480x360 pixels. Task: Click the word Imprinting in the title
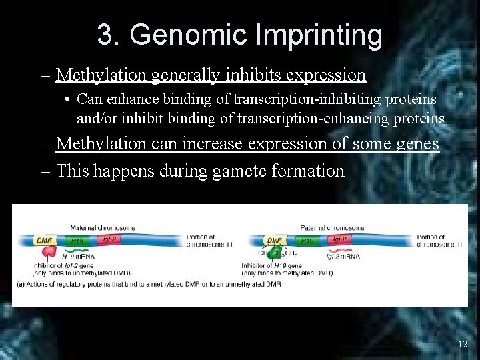pyautogui.click(x=317, y=35)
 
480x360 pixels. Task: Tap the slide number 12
pyautogui.click(x=462, y=344)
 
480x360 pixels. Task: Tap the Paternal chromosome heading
pyautogui.click(x=332, y=228)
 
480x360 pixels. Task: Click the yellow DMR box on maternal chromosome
pyautogui.click(x=45, y=240)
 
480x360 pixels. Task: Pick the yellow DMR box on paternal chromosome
pyautogui.click(x=274, y=240)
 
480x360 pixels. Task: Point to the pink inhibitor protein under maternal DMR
pyautogui.click(x=49, y=252)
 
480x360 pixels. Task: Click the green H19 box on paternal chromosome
pyautogui.click(x=307, y=240)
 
